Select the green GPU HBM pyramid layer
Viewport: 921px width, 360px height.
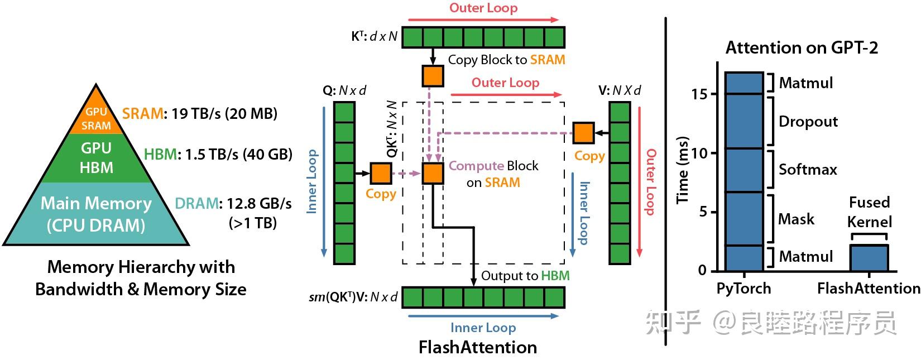[96, 158]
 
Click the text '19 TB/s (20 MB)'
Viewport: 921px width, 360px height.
[224, 114]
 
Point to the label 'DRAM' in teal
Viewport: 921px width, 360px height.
[196, 204]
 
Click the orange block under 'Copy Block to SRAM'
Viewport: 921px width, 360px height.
[433, 76]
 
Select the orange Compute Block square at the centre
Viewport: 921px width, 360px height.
[433, 174]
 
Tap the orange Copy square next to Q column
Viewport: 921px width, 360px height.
[381, 174]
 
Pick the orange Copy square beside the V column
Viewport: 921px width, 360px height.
[583, 133]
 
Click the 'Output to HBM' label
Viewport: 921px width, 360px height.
[525, 276]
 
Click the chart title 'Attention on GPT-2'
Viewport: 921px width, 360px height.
[802, 48]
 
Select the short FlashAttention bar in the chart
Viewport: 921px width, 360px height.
[869, 258]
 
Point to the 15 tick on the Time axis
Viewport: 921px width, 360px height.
[699, 94]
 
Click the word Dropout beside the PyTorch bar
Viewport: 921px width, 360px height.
[808, 122]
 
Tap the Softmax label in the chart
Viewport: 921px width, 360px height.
[808, 169]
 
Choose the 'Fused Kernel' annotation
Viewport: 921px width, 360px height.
[869, 212]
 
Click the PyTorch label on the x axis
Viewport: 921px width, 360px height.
[743, 289]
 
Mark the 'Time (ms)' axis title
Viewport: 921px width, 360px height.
[683, 170]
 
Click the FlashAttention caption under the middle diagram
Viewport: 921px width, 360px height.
[478, 347]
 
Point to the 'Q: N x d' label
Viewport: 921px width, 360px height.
[344, 90]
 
